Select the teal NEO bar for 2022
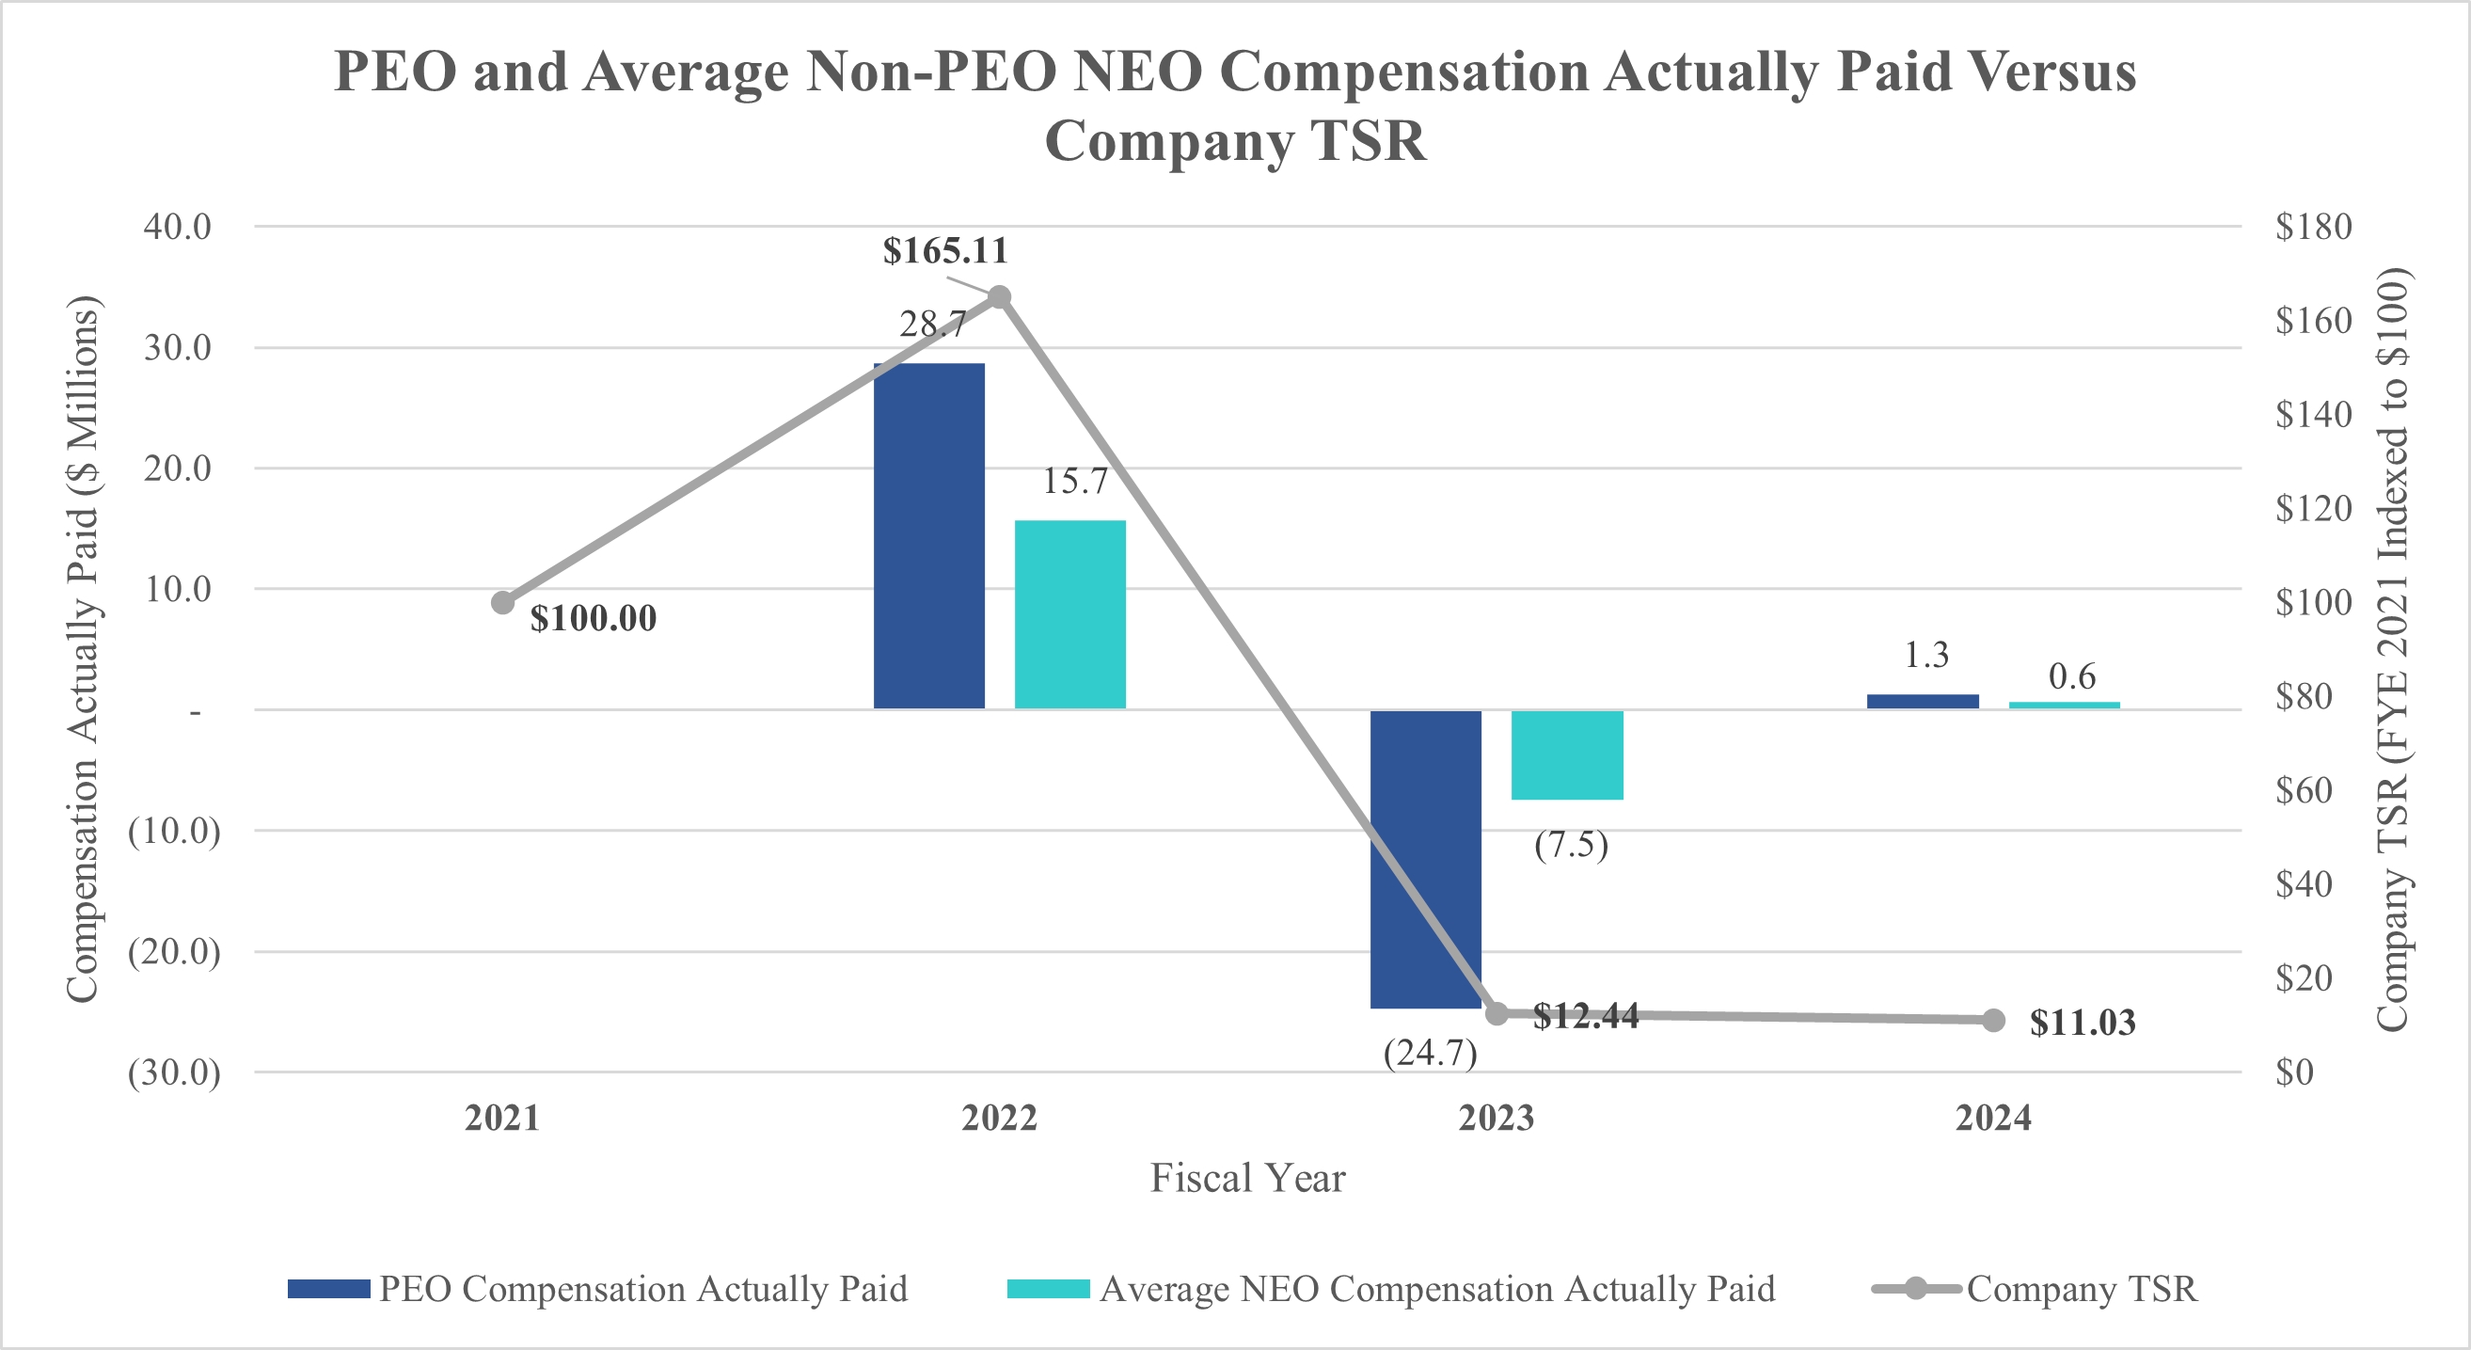[1069, 614]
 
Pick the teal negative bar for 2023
[1566, 755]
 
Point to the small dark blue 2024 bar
[1923, 702]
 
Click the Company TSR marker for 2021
[502, 602]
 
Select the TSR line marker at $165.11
[1000, 297]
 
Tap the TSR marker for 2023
[1497, 1013]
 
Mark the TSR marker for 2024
[1993, 1020]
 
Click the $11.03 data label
[2083, 1023]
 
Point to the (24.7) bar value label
[1429, 1053]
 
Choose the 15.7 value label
[1074, 481]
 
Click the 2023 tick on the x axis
[1497, 1118]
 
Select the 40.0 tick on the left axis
[178, 227]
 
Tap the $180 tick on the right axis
[2313, 227]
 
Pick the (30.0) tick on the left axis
[174, 1072]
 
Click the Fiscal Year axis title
[1247, 1177]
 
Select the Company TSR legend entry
[2081, 1289]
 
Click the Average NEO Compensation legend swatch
[1048, 1289]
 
